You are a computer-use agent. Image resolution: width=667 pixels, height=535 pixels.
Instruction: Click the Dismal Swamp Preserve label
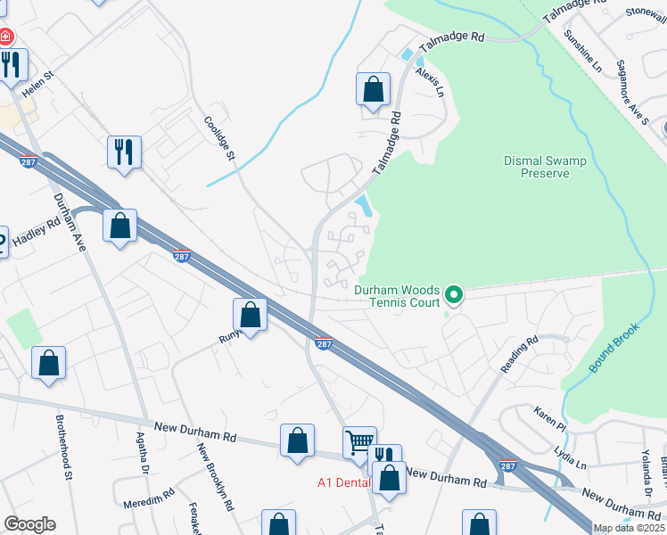[536, 167]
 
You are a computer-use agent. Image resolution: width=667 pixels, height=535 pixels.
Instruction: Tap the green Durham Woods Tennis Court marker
[454, 293]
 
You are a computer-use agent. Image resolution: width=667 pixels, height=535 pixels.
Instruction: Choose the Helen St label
[38, 82]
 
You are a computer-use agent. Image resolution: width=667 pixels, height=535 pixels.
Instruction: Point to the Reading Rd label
[520, 354]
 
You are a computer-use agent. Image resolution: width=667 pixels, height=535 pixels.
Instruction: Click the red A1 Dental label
[342, 482]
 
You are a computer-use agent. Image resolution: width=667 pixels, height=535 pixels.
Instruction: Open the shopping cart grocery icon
[359, 440]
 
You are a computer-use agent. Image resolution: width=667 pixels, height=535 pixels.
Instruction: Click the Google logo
[30, 524]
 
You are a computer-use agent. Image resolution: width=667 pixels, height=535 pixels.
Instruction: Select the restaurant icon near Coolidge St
[124, 151]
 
